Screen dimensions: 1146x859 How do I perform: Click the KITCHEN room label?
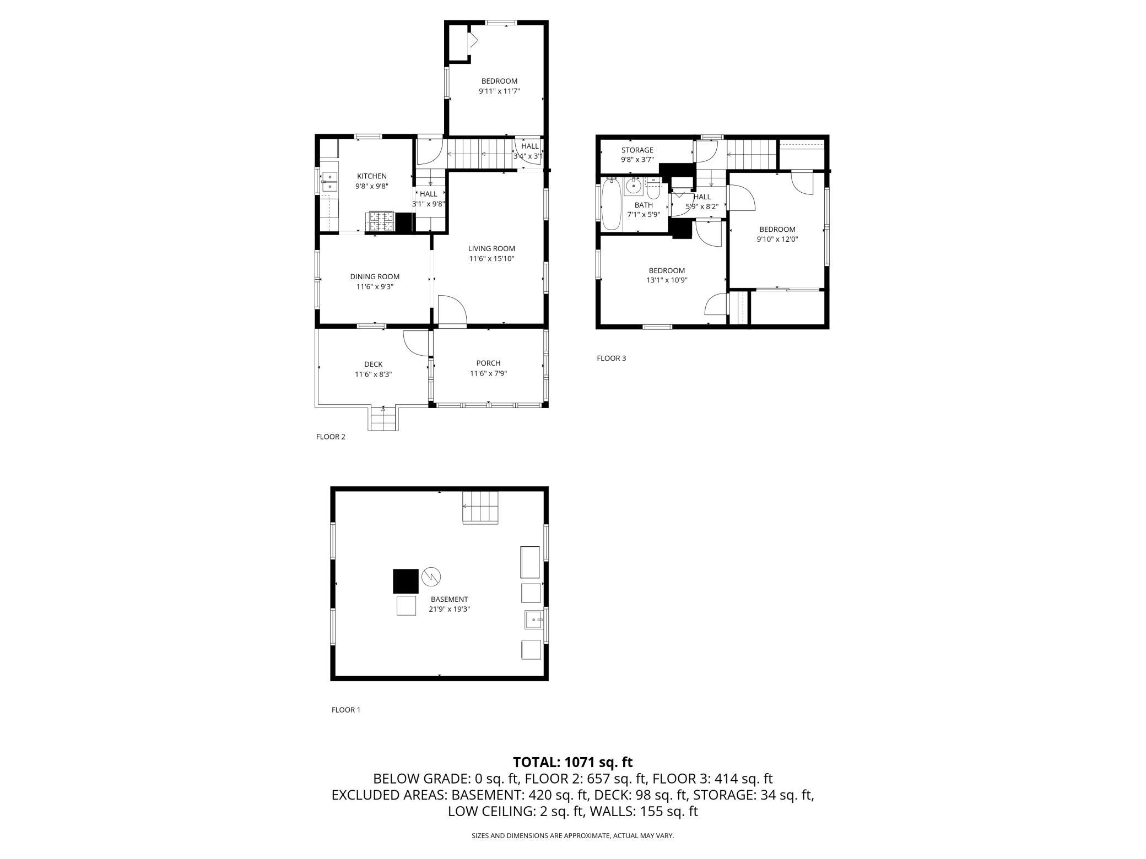click(x=372, y=176)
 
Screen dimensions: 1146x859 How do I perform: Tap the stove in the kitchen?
click(x=381, y=222)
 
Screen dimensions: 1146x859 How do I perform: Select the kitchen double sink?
click(x=329, y=182)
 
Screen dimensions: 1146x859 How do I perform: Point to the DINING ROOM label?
click(x=375, y=276)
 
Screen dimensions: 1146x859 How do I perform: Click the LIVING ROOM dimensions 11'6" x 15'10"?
click(x=491, y=258)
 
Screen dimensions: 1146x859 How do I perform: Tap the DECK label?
click(x=373, y=364)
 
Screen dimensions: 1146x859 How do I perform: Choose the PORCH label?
click(x=488, y=363)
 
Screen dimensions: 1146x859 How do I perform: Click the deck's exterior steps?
click(x=383, y=419)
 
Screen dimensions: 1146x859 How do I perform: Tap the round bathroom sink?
click(x=634, y=187)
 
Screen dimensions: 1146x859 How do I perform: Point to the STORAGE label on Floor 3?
click(x=637, y=150)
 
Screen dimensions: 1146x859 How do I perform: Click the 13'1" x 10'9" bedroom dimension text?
click(x=667, y=280)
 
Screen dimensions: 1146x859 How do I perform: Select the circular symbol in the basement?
click(x=431, y=577)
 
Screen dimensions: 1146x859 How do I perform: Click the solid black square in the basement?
click(x=406, y=581)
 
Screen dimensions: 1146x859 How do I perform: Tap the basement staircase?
click(x=480, y=507)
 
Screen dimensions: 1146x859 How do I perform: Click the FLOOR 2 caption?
click(x=331, y=437)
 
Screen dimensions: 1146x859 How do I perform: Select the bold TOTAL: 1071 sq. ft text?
click(x=573, y=762)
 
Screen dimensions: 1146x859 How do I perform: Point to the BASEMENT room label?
click(x=450, y=599)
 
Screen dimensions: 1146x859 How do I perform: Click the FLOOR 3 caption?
click(x=612, y=358)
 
